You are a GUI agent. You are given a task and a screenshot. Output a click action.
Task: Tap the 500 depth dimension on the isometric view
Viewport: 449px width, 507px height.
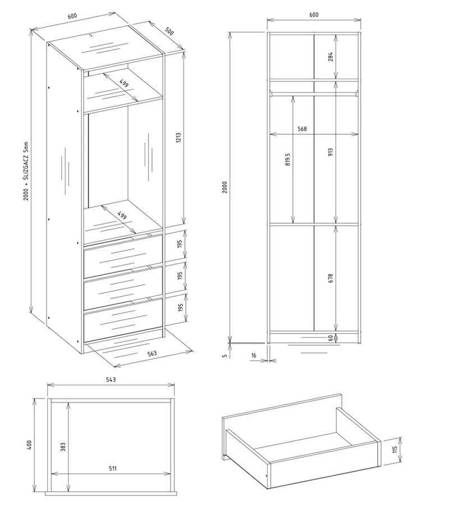(169, 31)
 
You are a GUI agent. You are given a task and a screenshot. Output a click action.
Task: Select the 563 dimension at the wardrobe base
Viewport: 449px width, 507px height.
(152, 353)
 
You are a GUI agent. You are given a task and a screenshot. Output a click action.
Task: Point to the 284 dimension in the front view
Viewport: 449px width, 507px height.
(330, 57)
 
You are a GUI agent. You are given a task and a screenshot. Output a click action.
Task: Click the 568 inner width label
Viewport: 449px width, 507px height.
(302, 128)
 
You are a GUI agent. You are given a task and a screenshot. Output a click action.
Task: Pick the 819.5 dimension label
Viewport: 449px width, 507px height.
(288, 159)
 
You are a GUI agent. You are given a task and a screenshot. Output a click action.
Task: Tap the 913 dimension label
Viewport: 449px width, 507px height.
(330, 152)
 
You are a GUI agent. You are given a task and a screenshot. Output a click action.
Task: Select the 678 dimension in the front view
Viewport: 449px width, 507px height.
(330, 278)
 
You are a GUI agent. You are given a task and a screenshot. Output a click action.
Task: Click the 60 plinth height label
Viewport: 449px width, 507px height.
(330, 338)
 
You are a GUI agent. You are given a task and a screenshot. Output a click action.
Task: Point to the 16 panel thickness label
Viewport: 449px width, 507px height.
(254, 356)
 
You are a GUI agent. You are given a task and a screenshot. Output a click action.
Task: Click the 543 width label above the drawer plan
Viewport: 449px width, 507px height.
(111, 379)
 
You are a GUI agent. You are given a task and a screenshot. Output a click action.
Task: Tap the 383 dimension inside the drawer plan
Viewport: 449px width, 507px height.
(63, 447)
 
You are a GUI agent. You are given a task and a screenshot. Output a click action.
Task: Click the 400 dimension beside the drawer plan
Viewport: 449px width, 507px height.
(29, 445)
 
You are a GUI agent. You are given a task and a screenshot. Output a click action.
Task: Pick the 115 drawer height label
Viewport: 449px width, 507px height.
(395, 449)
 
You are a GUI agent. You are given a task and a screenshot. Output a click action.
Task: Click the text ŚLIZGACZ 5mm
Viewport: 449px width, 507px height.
(26, 161)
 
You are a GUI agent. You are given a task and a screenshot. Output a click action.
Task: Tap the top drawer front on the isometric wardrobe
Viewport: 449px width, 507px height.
(123, 256)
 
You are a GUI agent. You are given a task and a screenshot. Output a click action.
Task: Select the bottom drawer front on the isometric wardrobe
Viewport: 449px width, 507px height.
(123, 320)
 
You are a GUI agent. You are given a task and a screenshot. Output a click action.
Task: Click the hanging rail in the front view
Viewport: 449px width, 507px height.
(314, 94)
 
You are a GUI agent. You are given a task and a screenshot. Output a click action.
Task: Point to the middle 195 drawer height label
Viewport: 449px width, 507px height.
(180, 275)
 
